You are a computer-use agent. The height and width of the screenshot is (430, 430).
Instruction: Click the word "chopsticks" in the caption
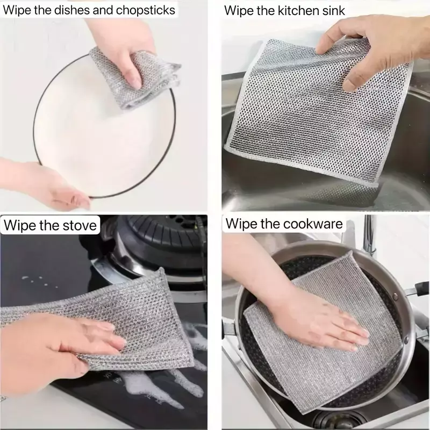point(145,10)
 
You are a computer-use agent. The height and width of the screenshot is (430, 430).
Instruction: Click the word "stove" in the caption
point(80,225)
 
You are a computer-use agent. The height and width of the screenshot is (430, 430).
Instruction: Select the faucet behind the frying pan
point(369,235)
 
